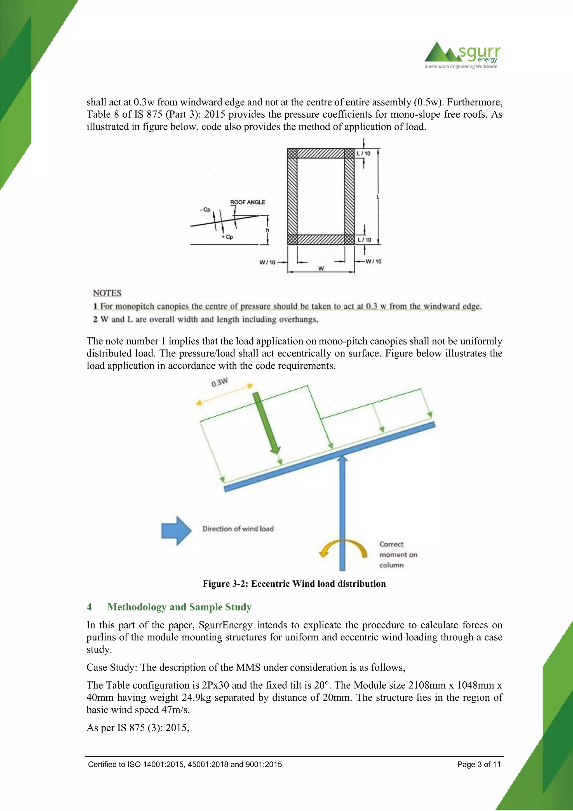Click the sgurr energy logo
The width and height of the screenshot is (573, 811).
click(x=462, y=55)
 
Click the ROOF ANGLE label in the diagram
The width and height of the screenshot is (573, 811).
click(x=247, y=202)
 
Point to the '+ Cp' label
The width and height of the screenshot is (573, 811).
click(x=227, y=237)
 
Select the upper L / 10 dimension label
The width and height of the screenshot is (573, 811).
click(x=364, y=153)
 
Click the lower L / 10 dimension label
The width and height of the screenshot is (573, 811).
click(x=365, y=239)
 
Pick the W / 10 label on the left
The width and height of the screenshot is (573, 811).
click(x=267, y=262)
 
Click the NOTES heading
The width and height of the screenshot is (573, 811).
click(x=107, y=293)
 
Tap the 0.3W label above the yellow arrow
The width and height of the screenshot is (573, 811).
click(x=219, y=383)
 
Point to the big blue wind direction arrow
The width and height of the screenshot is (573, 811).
click(x=176, y=531)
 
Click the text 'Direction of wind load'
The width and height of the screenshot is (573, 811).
click(x=238, y=529)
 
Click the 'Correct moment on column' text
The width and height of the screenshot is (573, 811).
click(x=398, y=554)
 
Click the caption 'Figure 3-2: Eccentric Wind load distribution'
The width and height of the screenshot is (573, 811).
click(x=294, y=584)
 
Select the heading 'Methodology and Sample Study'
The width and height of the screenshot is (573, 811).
click(x=179, y=607)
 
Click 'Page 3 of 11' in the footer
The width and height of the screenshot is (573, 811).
click(x=479, y=765)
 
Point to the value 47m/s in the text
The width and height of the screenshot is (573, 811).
click(x=175, y=710)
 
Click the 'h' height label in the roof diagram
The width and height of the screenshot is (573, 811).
click(x=267, y=230)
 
